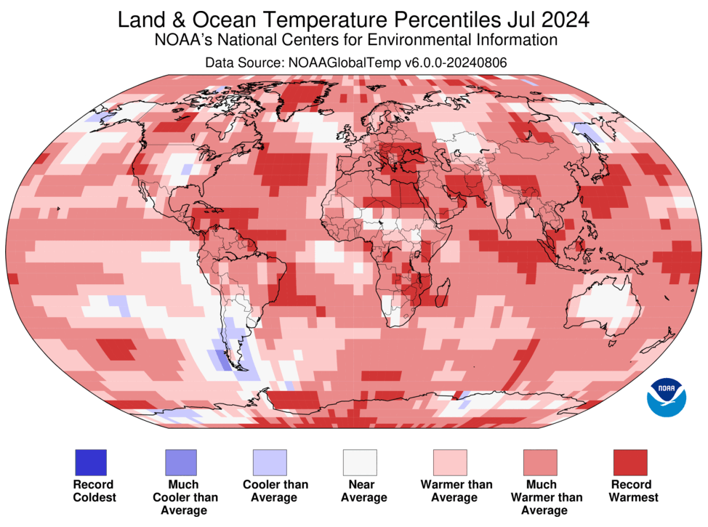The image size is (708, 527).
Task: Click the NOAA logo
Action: point(667,398)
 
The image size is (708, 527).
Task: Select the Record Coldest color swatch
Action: point(91,462)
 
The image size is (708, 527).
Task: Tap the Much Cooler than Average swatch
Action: point(180,462)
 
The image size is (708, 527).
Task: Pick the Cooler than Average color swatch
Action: point(270,462)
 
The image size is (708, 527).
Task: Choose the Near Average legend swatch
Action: point(360,462)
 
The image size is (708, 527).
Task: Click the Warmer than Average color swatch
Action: point(450,462)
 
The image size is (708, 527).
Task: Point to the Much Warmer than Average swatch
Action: point(540,462)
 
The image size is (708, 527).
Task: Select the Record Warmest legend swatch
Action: point(630,462)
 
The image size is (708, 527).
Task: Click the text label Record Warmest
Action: point(633,491)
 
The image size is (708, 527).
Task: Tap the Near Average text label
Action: point(363,491)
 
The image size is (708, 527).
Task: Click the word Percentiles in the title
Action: point(447,20)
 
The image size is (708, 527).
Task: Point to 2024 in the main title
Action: point(566,20)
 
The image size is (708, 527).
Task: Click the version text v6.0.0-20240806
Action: point(456,63)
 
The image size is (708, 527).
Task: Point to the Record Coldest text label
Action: point(94,491)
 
